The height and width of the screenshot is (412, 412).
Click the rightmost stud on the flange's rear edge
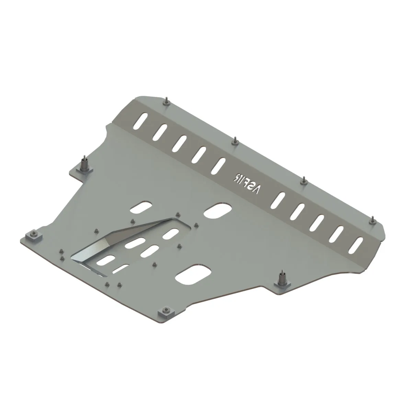click(373, 220)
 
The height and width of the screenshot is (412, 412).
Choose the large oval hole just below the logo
click(217, 211)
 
